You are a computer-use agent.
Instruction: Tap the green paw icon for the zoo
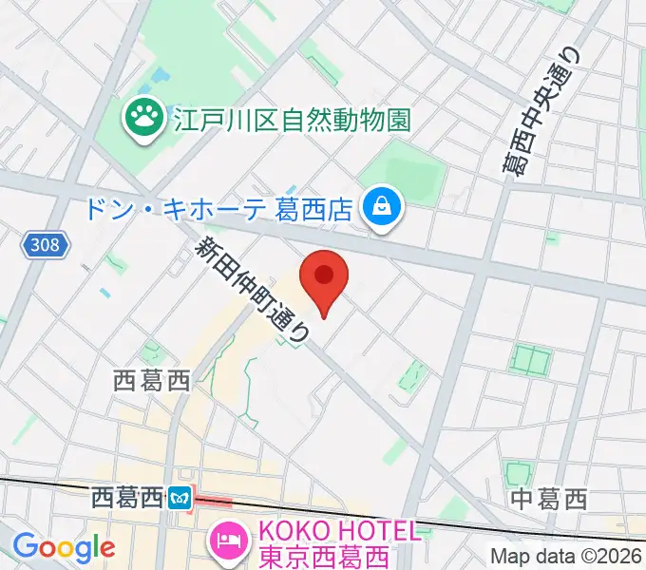145,119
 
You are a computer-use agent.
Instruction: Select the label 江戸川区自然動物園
292,120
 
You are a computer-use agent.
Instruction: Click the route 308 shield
45,245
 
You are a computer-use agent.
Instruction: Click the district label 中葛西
549,498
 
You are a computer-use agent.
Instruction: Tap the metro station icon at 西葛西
180,497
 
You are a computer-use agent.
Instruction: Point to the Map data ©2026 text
566,556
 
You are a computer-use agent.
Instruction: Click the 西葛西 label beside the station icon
127,497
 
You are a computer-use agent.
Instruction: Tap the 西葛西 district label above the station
152,381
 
